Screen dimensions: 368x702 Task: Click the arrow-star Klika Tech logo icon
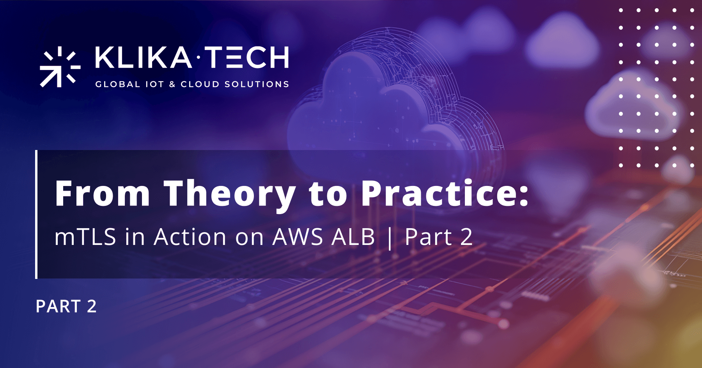coord(59,67)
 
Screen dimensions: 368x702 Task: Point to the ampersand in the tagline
coord(172,84)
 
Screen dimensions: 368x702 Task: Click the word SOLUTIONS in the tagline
coord(257,84)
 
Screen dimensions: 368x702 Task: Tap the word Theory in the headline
coord(229,194)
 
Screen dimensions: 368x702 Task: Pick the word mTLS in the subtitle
coord(85,237)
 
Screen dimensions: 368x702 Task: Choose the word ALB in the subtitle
coord(353,237)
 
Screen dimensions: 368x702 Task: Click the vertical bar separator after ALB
coord(390,238)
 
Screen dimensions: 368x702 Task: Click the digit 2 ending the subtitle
coord(466,237)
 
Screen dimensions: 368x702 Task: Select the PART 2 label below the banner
coord(66,306)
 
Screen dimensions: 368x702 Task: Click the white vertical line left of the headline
coord(36,214)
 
